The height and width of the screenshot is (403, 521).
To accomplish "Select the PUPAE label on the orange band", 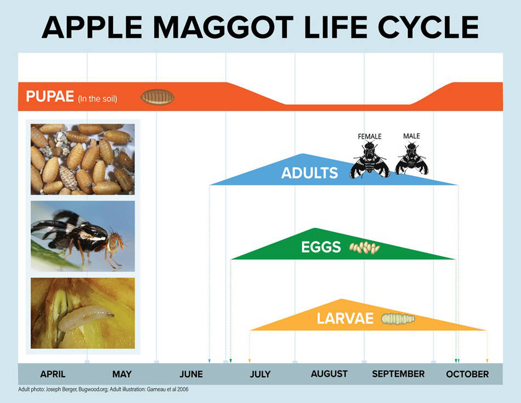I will (50, 97).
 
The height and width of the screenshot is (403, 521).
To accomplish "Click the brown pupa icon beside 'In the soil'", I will (157, 98).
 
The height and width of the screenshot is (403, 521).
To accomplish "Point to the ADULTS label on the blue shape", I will (309, 173).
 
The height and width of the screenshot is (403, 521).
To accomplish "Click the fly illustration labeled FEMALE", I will (370, 159).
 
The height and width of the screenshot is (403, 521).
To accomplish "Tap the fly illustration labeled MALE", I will (411, 159).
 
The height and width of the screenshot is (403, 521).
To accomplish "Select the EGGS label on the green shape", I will (321, 248).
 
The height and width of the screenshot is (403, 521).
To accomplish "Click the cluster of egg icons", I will (365, 248).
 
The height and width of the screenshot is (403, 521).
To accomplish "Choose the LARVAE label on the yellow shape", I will (345, 318).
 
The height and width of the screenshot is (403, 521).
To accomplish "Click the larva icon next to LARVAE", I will (398, 318).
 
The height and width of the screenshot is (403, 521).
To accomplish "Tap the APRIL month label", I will (53, 374).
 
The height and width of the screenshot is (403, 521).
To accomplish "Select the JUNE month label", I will (191, 374).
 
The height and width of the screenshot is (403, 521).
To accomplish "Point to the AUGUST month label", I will (329, 374).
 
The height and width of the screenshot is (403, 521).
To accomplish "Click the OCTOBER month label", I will (467, 374).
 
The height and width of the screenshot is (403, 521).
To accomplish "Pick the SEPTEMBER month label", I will (398, 374).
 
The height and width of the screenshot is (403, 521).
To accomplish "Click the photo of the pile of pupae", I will (82, 159).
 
